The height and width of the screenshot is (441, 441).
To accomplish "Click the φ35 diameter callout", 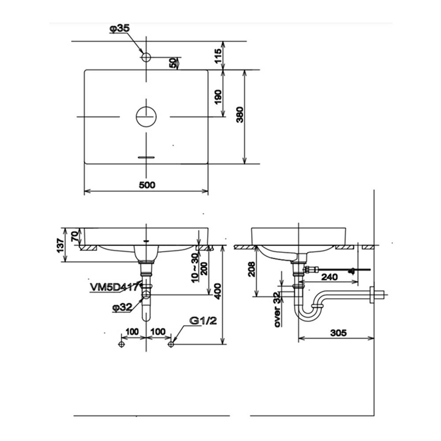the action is pyautogui.click(x=120, y=29).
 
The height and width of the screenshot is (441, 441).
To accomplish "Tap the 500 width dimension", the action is pyautogui.click(x=147, y=185).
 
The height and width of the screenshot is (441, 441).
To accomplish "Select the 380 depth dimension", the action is pyautogui.click(x=239, y=115).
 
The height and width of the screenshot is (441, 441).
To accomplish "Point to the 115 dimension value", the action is pyautogui.click(x=218, y=56).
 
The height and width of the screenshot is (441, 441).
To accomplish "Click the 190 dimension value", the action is pyautogui.click(x=218, y=97).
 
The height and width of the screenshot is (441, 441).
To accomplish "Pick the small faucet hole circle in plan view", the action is pyautogui.click(x=146, y=57).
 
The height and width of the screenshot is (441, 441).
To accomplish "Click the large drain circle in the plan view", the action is pyautogui.click(x=146, y=117).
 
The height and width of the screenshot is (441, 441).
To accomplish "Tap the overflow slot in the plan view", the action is pyautogui.click(x=146, y=157).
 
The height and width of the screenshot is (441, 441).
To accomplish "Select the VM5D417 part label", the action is pyautogui.click(x=114, y=287).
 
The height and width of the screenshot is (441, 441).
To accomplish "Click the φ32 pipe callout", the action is pyautogui.click(x=122, y=308).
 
